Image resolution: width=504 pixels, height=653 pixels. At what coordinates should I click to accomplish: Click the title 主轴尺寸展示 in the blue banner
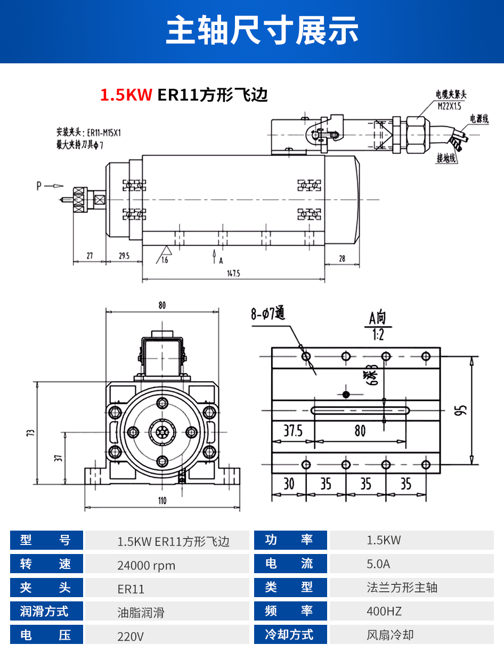pyautogui.click(x=262, y=30)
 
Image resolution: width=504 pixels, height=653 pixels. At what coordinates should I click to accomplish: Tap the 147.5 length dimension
pyautogui.click(x=233, y=273)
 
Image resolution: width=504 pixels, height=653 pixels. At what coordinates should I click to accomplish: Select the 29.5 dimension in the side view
pyautogui.click(x=124, y=255)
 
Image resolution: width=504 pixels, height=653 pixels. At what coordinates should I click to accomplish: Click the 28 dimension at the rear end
pyautogui.click(x=342, y=259)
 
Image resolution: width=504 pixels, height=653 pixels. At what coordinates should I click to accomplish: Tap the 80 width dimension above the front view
pyautogui.click(x=162, y=305)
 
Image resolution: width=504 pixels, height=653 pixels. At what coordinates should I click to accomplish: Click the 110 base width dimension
pyautogui.click(x=162, y=500)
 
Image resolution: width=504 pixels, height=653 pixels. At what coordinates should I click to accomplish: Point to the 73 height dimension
pyautogui.click(x=30, y=433)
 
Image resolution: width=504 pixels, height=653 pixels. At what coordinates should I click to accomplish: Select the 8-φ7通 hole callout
pyautogui.click(x=268, y=314)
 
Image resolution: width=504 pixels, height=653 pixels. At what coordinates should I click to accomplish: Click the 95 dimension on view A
pyautogui.click(x=462, y=410)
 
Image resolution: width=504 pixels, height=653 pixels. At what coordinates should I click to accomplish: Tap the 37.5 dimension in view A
pyautogui.click(x=292, y=431)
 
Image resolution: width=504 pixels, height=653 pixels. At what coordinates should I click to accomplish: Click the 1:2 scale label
pyautogui.click(x=378, y=335)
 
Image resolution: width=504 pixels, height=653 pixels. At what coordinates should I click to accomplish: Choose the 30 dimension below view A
pyautogui.click(x=289, y=484)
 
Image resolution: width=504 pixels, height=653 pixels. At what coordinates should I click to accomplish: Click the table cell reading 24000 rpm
pyautogui.click(x=146, y=565)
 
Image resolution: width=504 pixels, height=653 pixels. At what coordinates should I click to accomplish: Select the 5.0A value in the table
pyautogui.click(x=378, y=564)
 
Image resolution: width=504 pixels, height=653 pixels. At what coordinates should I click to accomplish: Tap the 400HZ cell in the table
pyautogui.click(x=384, y=611)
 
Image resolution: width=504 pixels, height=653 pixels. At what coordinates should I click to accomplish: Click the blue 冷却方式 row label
pyautogui.click(x=290, y=635)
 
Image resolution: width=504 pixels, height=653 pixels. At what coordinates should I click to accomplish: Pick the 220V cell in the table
pyautogui.click(x=131, y=636)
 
